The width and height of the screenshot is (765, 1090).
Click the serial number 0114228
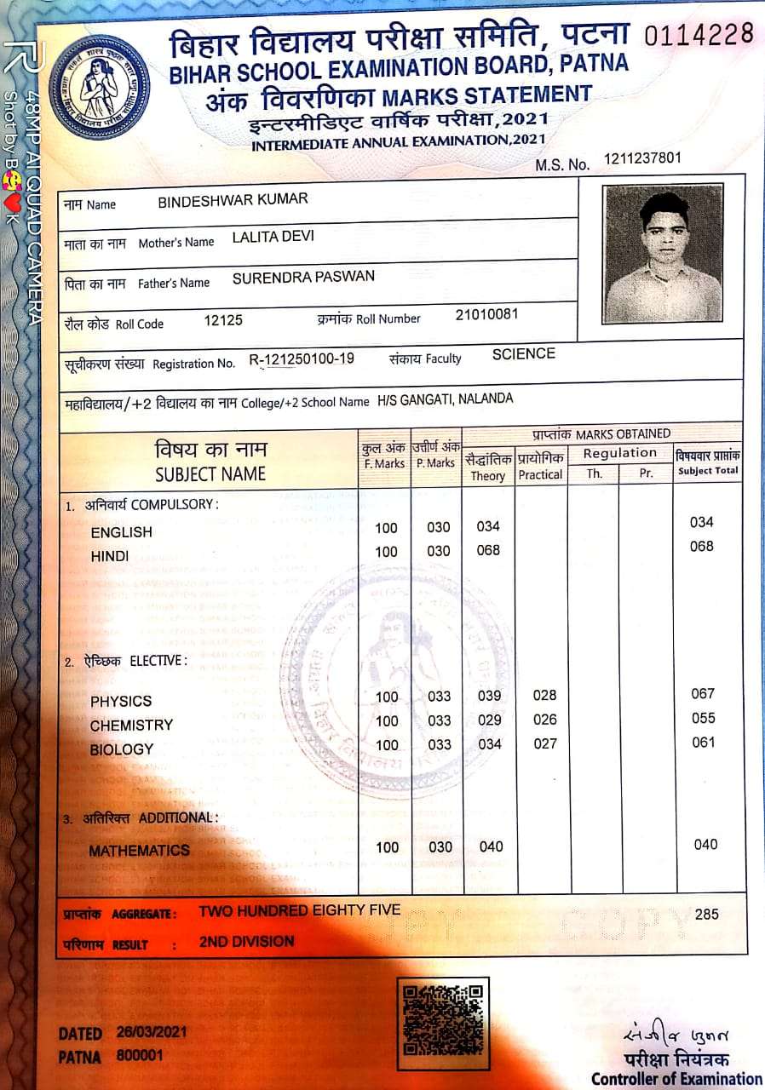(x=699, y=35)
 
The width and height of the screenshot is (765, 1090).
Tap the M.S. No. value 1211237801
(x=642, y=159)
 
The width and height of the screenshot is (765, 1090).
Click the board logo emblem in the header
(x=100, y=86)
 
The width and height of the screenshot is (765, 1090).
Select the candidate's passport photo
(x=663, y=252)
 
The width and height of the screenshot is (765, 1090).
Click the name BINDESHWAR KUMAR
(x=233, y=199)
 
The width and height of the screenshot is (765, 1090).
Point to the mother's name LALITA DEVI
(x=273, y=237)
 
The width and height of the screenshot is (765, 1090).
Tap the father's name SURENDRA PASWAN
(x=303, y=277)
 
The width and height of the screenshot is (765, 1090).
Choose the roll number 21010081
(x=486, y=315)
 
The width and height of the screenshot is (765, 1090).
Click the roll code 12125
(x=223, y=320)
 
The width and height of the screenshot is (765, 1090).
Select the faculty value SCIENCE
(x=523, y=354)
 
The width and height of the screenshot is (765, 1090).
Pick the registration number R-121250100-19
(x=301, y=359)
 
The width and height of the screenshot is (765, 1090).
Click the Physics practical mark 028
(x=544, y=696)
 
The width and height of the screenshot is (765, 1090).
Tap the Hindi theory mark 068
(x=488, y=550)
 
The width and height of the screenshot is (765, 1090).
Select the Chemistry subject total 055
(x=703, y=718)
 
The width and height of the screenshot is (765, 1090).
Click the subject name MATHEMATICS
(x=139, y=850)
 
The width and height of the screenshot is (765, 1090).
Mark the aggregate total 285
(x=706, y=915)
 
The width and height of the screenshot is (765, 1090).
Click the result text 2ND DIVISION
(x=246, y=941)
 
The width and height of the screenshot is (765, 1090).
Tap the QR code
(x=443, y=1024)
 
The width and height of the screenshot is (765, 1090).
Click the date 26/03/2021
(x=152, y=1033)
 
